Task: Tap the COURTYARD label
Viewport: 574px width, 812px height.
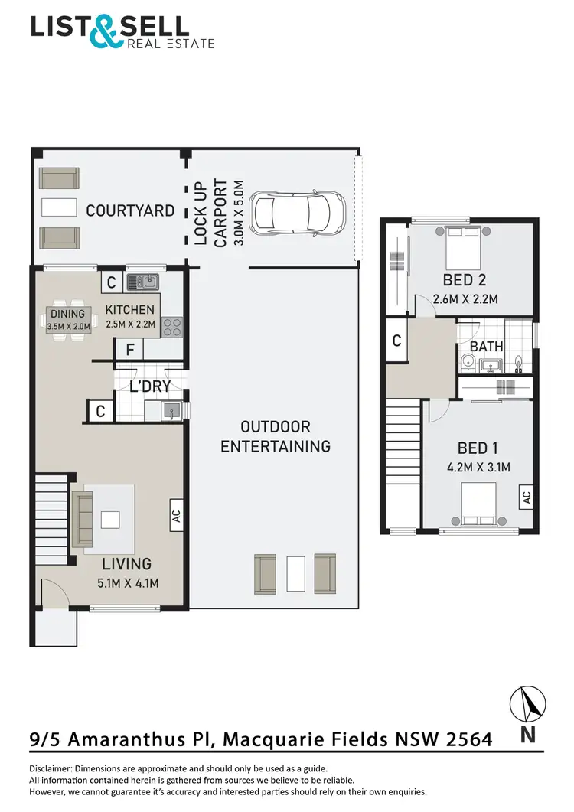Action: click(x=130, y=210)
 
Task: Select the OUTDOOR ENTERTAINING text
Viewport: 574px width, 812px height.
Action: click(x=276, y=436)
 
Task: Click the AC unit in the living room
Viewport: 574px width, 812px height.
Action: click(x=174, y=514)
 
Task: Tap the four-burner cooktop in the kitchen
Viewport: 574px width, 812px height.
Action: click(x=172, y=327)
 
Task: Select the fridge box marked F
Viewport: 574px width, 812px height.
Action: click(x=129, y=350)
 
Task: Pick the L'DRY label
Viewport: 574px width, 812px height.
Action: click(x=150, y=386)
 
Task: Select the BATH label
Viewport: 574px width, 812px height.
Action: click(x=487, y=346)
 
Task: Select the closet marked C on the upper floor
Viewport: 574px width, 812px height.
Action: click(x=396, y=341)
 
